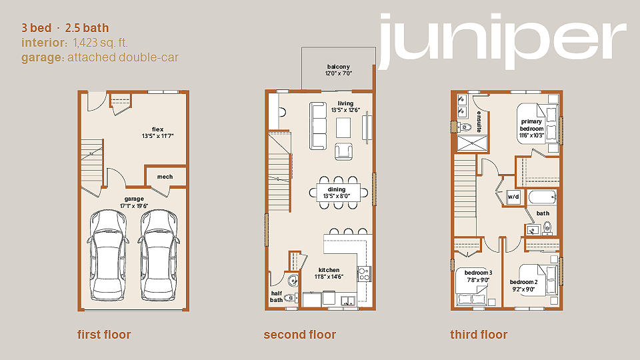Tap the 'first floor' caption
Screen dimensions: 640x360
click(x=104, y=335)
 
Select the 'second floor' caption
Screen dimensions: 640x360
click(x=299, y=335)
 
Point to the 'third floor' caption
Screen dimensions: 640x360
click(x=479, y=335)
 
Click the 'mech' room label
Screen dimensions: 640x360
click(x=165, y=177)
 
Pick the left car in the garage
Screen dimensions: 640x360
click(x=107, y=255)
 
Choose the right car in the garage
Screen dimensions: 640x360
click(x=159, y=255)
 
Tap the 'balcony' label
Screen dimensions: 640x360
click(x=339, y=67)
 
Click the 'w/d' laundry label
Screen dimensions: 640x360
click(x=513, y=197)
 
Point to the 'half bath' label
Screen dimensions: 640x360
click(x=276, y=296)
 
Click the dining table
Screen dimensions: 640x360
click(x=339, y=193)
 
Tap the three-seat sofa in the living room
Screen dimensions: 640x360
click(x=318, y=126)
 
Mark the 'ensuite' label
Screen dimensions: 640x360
click(x=479, y=121)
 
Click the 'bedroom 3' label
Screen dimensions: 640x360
click(x=479, y=273)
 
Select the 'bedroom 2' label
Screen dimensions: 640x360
click(x=524, y=282)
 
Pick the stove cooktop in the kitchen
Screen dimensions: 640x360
click(x=364, y=274)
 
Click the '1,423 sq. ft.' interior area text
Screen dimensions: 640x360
click(x=101, y=43)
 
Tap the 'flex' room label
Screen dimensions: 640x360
click(x=157, y=129)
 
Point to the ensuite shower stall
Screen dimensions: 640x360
click(x=472, y=143)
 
